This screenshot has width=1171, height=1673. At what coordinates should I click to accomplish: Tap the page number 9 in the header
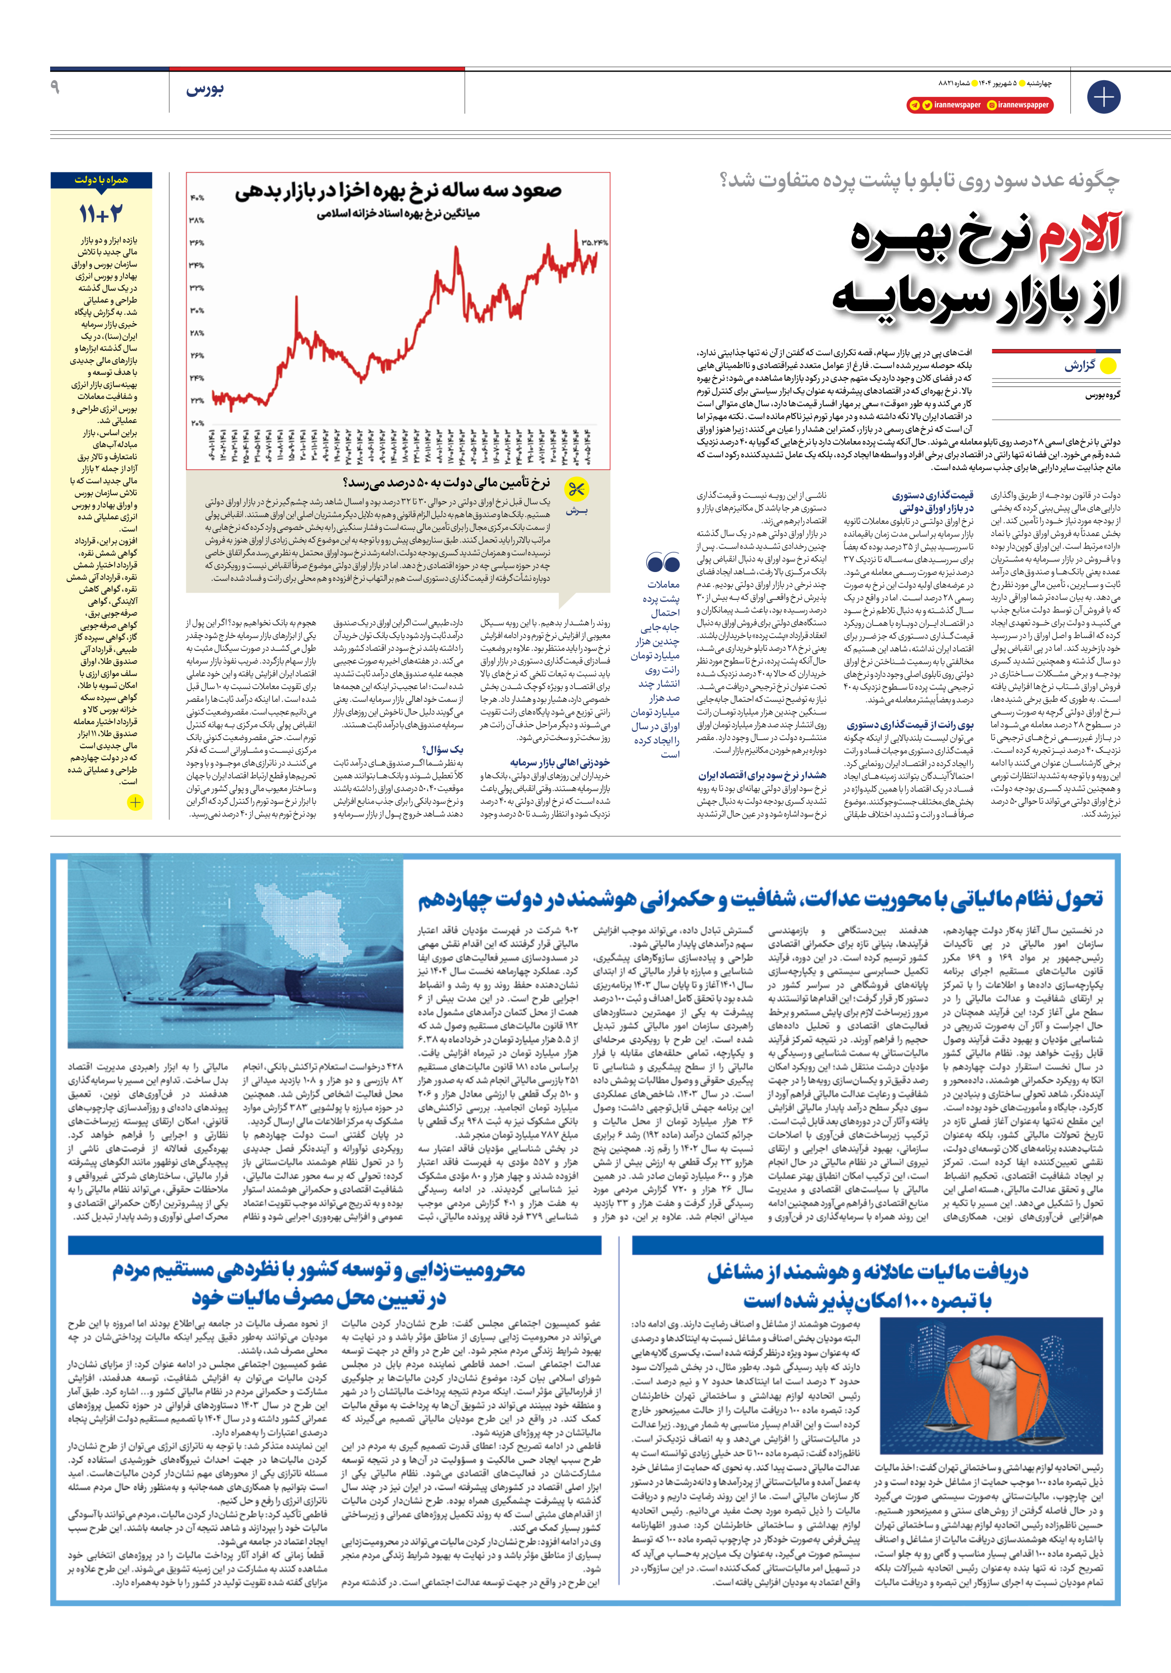click(55, 88)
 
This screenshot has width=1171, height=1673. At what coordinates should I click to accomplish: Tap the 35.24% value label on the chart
click(594, 242)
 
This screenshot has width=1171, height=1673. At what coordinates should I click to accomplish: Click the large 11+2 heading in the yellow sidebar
click(101, 214)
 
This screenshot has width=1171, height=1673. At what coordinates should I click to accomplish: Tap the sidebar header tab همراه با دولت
click(101, 180)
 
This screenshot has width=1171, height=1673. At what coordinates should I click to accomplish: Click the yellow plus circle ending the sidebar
click(135, 802)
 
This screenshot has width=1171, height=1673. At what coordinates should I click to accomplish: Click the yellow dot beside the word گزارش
click(1108, 366)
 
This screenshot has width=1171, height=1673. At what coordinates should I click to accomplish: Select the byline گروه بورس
click(1103, 395)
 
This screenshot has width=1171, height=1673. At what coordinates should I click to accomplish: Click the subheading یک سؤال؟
click(442, 749)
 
